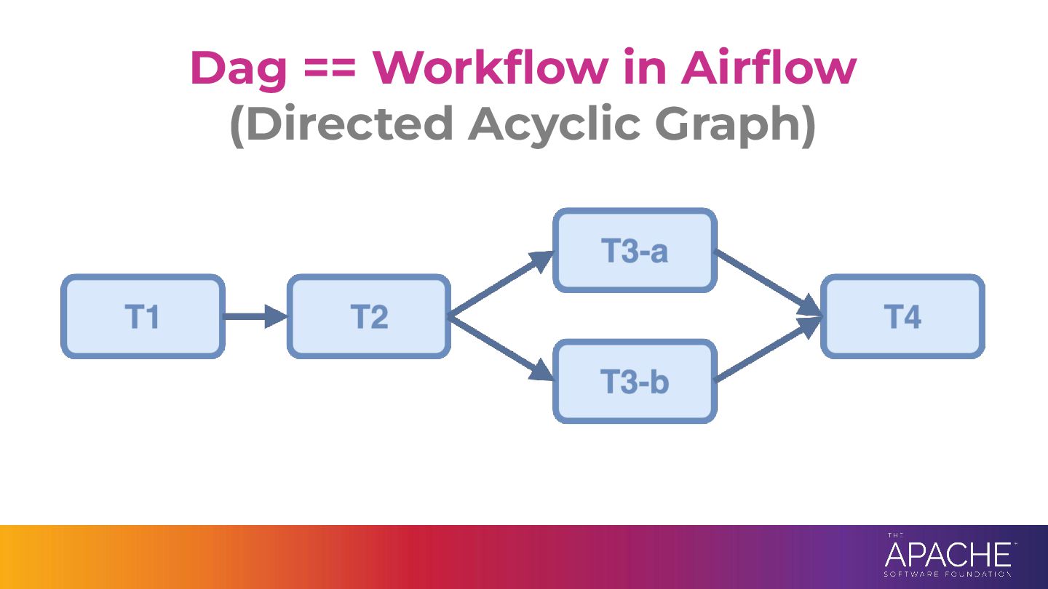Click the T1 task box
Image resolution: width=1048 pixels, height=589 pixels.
coord(143,316)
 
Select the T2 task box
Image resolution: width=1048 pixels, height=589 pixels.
coord(369,316)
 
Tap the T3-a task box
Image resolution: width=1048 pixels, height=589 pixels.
coord(635,251)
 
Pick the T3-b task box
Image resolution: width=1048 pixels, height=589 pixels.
coord(635,382)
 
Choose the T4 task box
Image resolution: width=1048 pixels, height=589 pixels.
coord(903,316)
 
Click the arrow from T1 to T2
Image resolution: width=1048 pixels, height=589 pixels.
coord(255,316)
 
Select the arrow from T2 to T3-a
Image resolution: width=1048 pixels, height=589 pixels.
coord(501,284)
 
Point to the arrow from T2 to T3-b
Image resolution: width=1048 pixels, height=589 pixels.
coord(501,349)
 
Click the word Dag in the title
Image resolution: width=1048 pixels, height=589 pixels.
coord(239,69)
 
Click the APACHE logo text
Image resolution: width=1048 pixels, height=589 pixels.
coord(948,555)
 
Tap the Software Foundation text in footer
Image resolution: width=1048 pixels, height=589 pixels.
coord(948,574)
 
